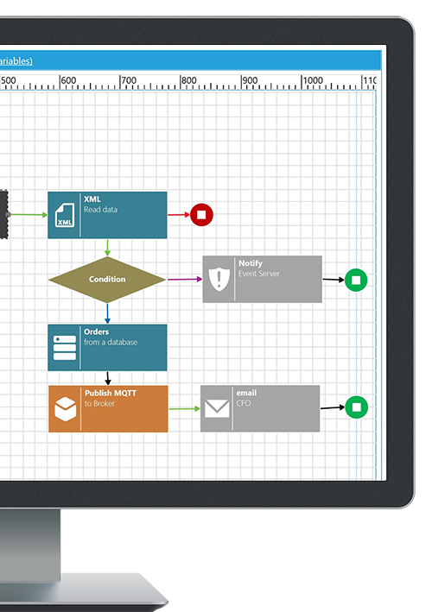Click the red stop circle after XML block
pyautogui.click(x=201, y=215)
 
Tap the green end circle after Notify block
pyautogui.click(x=356, y=280)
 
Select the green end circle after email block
pyautogui.click(x=356, y=407)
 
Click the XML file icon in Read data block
pyautogui.click(x=65, y=215)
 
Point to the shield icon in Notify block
pyautogui.click(x=219, y=279)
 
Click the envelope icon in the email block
pyautogui.click(x=217, y=408)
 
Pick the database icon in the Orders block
pyautogui.click(x=65, y=347)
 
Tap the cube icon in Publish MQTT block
pyautogui.click(x=65, y=409)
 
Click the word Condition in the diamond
pyautogui.click(x=107, y=279)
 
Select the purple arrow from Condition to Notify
pyautogui.click(x=185, y=279)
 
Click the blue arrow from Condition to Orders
pyautogui.click(x=107, y=313)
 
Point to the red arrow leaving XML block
pyautogui.click(x=179, y=215)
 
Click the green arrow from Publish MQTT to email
pyautogui.click(x=184, y=408)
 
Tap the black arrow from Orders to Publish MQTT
pyautogui.click(x=108, y=378)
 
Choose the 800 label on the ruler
pyautogui.click(x=188, y=80)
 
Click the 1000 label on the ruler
pyautogui.click(x=313, y=80)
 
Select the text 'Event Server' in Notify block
pyautogui.click(x=259, y=274)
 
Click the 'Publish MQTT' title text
pyautogui.click(x=111, y=393)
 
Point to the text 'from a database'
pyautogui.click(x=111, y=343)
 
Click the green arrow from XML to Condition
pyautogui.click(x=107, y=248)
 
